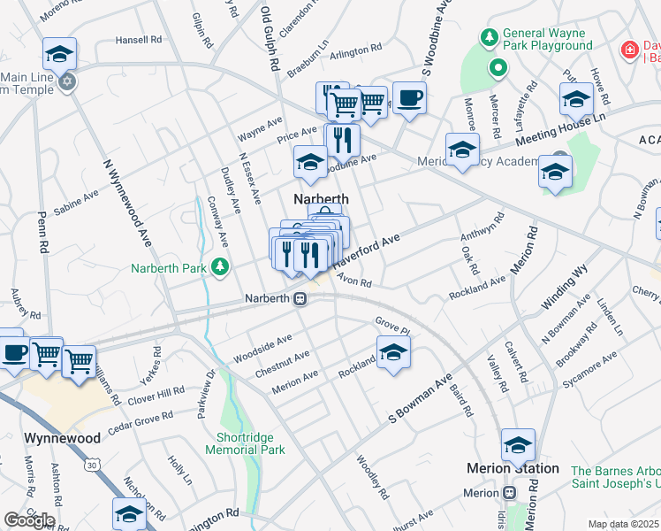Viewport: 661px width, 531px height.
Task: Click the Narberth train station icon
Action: tap(300, 299)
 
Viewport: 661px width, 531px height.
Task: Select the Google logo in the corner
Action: tap(28, 520)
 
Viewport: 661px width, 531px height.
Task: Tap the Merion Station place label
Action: tap(513, 468)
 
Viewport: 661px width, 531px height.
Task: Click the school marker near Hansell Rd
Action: tap(59, 54)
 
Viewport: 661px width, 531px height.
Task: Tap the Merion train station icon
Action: tap(509, 493)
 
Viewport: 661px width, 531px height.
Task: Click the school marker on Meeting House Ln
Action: tap(576, 99)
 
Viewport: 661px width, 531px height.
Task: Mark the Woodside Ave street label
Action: tap(262, 349)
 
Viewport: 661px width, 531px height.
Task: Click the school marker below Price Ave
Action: tap(310, 162)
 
